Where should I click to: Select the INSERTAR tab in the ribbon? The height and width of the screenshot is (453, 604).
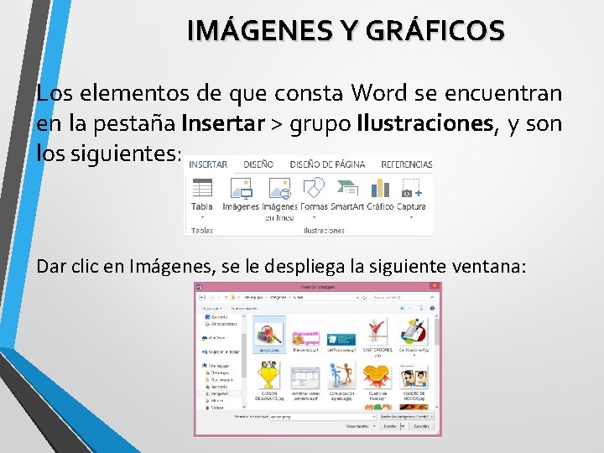(207, 164)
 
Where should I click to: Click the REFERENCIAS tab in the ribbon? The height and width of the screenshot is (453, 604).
(407, 164)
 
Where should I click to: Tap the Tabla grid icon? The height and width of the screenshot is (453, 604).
(202, 189)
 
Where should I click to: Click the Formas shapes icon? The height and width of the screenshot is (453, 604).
(314, 189)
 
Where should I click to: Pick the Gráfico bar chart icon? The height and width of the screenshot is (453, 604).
(380, 189)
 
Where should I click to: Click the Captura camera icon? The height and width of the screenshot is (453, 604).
(411, 189)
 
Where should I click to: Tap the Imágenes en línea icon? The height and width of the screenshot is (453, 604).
(279, 189)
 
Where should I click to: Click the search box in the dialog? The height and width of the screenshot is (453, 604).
(403, 297)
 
